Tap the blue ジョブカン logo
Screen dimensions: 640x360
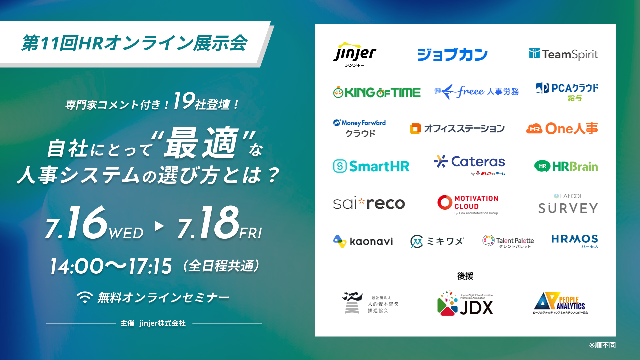[452, 55]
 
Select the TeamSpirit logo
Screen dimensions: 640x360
[563, 54]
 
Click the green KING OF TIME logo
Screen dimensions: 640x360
[377, 92]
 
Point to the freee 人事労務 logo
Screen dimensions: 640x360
[477, 91]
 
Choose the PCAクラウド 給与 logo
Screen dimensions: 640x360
[567, 92]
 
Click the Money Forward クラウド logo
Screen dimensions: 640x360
[359, 128]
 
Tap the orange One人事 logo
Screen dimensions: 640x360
[562, 129]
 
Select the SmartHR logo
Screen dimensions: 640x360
[371, 166]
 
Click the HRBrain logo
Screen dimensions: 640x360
[566, 166]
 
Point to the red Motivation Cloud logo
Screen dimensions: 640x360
[468, 204]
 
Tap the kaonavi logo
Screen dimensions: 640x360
[363, 241]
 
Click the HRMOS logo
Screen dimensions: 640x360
[575, 241]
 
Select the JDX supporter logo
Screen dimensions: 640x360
[465, 303]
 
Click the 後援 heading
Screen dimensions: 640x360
[465, 276]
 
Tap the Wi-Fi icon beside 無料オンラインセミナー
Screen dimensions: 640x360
[85, 297]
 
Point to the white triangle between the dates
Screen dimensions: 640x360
[160, 226]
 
